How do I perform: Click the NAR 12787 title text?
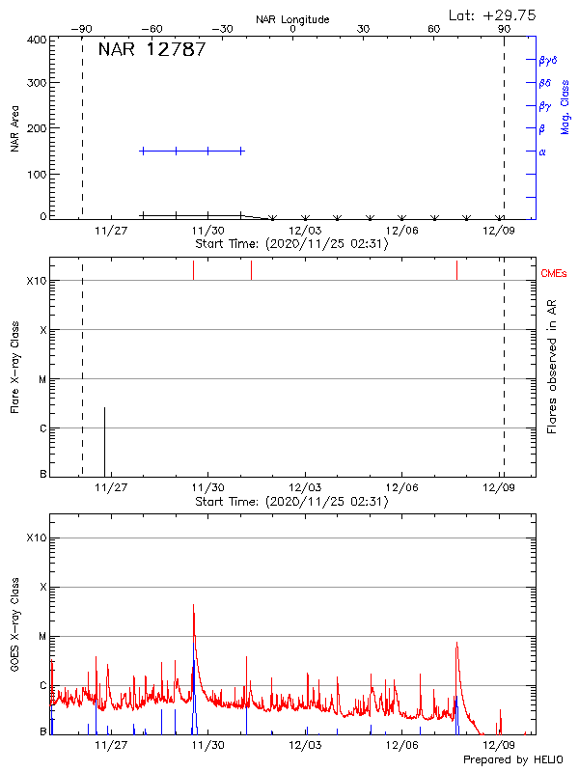[x=152, y=50]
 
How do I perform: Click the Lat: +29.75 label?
[x=493, y=14]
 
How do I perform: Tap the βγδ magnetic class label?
[x=547, y=60]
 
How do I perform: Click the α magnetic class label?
[x=542, y=152]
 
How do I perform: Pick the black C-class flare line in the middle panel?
[x=104, y=441]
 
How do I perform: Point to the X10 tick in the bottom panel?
[x=37, y=538]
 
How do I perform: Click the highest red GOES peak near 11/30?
[x=193, y=605]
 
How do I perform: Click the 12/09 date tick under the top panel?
[x=499, y=230]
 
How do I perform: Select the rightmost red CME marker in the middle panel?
[x=456, y=270]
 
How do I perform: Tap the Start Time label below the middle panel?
[x=291, y=502]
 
